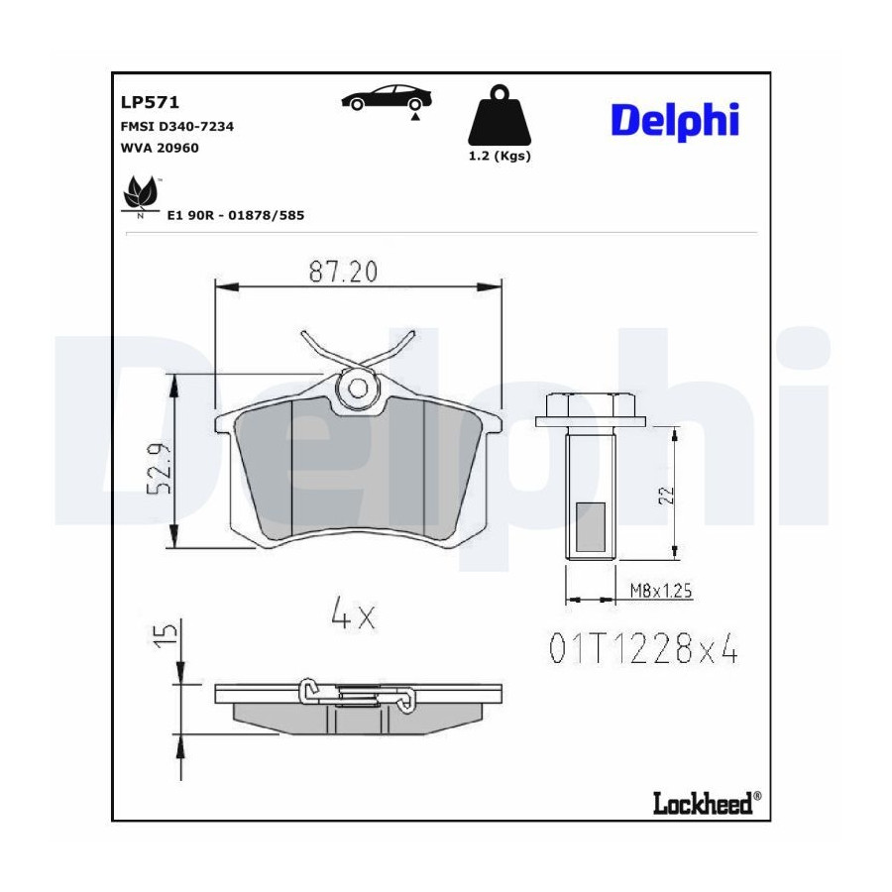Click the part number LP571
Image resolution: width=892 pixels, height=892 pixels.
tap(150, 102)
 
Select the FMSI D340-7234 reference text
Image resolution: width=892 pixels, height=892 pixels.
tap(177, 126)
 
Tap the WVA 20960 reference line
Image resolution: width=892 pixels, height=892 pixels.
tap(160, 148)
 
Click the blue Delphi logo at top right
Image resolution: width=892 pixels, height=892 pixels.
tap(675, 122)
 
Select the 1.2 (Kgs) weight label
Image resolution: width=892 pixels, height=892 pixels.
tap(500, 156)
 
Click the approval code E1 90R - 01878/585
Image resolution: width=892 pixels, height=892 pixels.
tap(236, 215)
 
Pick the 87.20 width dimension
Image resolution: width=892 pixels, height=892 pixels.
tap(343, 272)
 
